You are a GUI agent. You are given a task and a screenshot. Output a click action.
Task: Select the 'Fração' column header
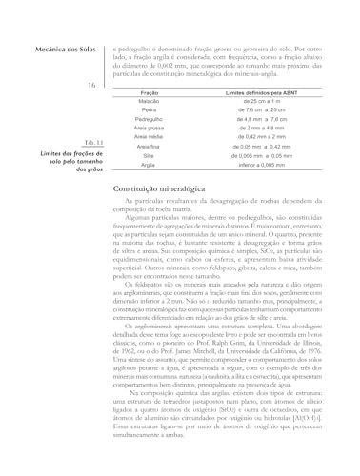pos(149,92)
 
